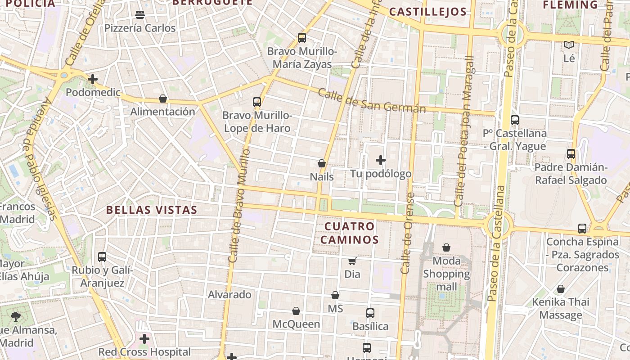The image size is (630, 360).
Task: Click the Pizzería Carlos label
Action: (x=140, y=28)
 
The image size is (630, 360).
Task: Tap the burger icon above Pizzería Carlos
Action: (x=140, y=15)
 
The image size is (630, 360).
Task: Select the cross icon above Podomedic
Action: (x=93, y=80)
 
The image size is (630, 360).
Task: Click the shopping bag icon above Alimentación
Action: (x=163, y=99)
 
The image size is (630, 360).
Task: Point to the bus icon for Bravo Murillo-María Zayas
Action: (x=301, y=38)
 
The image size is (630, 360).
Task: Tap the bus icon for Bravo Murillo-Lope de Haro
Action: (x=257, y=102)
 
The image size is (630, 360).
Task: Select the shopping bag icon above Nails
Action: (x=322, y=163)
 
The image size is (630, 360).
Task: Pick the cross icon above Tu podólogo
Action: (x=381, y=160)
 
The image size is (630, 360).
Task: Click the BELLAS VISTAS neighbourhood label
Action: (x=152, y=210)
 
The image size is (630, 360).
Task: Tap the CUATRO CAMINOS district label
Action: (x=349, y=233)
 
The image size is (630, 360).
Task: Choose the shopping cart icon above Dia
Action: (x=352, y=261)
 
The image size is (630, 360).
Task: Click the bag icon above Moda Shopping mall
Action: (x=446, y=247)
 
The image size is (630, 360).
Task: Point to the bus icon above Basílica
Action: (x=370, y=313)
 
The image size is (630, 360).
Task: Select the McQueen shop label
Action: (x=296, y=324)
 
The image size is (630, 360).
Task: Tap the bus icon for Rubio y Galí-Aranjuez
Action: (x=102, y=257)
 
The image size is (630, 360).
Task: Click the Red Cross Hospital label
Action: (x=144, y=352)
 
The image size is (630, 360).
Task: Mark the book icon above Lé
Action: (x=569, y=45)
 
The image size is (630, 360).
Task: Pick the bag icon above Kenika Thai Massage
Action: (x=561, y=289)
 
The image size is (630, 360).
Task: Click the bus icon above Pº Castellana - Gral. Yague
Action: (x=515, y=120)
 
